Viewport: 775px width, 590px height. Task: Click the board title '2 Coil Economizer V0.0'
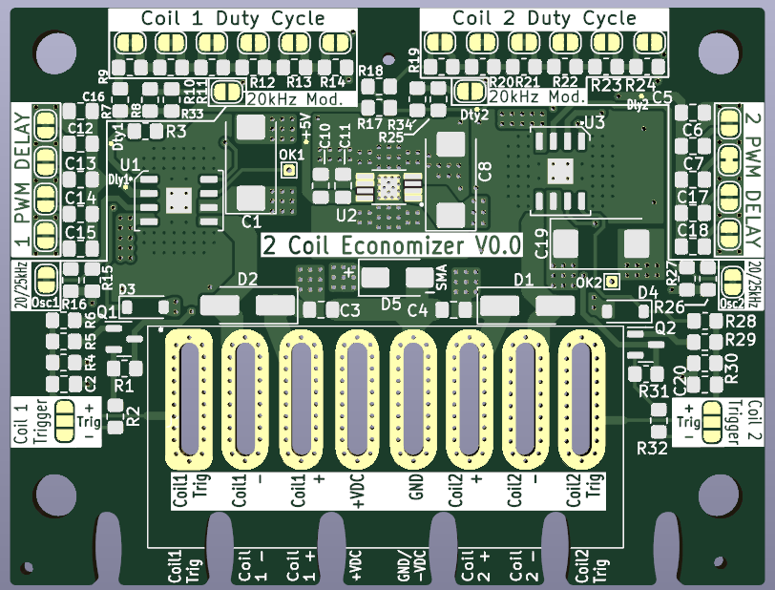click(392, 244)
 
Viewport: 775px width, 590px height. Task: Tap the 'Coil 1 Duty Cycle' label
click(233, 18)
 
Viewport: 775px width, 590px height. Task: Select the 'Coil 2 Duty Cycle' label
click(544, 18)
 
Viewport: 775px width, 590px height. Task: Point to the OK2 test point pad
click(612, 283)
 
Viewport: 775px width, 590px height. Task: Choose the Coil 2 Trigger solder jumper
click(712, 420)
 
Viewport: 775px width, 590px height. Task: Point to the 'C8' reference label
click(485, 173)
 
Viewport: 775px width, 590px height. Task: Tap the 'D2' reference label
click(247, 280)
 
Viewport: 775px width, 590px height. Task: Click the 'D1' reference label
click(522, 280)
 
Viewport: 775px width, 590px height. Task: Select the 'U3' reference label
click(594, 122)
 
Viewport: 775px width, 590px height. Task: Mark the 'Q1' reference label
click(107, 311)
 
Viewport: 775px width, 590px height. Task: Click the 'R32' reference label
click(653, 447)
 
